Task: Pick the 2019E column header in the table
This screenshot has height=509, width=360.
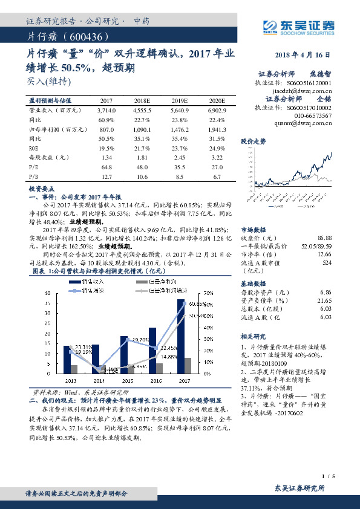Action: (x=180, y=101)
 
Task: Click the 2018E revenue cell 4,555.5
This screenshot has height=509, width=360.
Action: (x=143, y=111)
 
